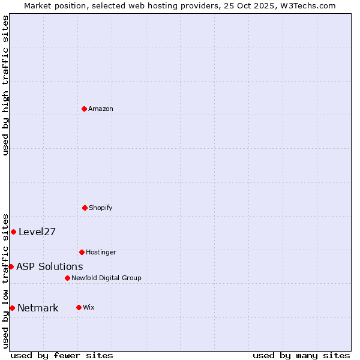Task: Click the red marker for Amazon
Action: tap(84, 109)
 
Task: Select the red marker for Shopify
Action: tap(85, 208)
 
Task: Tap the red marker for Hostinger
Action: tap(82, 252)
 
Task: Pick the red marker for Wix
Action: tap(79, 307)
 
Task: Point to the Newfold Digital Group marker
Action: tap(67, 278)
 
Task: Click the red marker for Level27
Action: tap(13, 232)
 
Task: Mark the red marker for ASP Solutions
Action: tap(11, 266)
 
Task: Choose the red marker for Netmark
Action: tap(12, 308)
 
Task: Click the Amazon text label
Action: tap(101, 109)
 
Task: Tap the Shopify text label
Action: tap(101, 208)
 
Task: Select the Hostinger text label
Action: tap(101, 252)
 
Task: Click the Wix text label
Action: tap(89, 307)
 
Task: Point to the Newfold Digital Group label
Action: tap(106, 278)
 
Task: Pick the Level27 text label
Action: tap(37, 232)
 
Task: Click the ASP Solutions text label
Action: tap(50, 267)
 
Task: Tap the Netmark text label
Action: tap(38, 308)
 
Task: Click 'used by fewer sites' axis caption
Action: tap(62, 355)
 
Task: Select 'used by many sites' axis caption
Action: tap(301, 355)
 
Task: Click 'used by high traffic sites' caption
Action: tap(5, 85)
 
